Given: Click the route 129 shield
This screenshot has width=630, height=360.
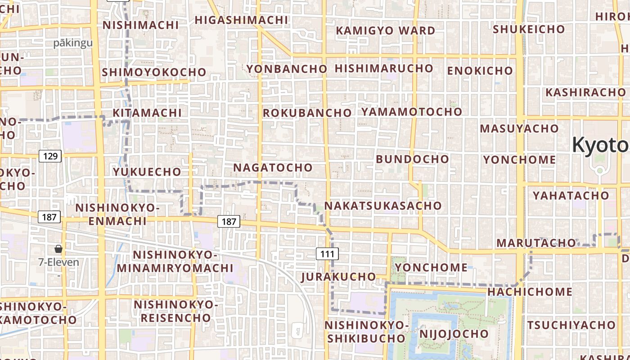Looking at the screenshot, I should point(50,156).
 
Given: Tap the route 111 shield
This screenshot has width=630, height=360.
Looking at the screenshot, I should point(327,254).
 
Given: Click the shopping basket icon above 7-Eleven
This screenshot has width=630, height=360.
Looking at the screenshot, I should point(58,249).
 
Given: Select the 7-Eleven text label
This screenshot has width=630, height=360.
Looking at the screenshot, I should point(58,262).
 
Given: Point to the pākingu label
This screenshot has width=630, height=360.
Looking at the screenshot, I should point(73,43).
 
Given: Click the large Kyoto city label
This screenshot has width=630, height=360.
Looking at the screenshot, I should point(600,145).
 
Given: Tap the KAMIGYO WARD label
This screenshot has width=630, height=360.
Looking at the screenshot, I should point(386,31).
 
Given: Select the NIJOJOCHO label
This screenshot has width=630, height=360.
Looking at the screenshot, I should point(454,333).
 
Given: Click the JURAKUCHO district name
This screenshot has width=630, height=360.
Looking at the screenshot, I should point(339,276).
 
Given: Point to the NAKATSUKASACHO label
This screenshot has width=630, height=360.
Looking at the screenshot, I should point(383,206).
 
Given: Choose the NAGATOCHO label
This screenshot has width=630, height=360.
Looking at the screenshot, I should point(273,167).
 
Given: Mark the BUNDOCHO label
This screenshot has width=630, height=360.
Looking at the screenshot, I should point(412,159).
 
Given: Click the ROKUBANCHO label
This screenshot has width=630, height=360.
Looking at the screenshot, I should point(307,112).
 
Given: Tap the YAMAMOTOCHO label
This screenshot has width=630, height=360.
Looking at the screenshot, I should point(412,111).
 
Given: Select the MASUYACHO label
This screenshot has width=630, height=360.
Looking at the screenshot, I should point(519,128).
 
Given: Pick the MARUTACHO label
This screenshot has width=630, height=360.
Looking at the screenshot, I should point(536,243).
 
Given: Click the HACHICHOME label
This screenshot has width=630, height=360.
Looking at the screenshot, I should point(530,292).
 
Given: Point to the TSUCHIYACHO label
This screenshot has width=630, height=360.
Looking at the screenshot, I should point(571,324).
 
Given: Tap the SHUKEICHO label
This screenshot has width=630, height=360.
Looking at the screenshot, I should point(529,29).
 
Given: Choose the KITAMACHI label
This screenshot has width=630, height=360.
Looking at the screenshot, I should point(147,112).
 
